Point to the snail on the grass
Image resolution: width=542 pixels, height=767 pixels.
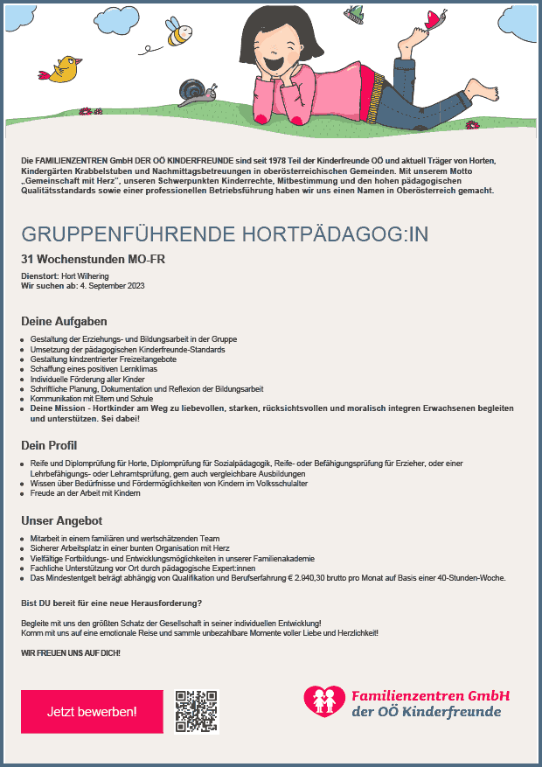[x=193, y=90]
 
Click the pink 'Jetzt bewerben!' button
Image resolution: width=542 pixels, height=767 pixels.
[x=92, y=711]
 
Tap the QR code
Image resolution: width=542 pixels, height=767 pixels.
[x=196, y=710]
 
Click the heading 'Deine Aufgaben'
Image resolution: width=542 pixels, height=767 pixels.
[x=64, y=321]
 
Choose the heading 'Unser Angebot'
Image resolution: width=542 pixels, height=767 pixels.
[x=62, y=520]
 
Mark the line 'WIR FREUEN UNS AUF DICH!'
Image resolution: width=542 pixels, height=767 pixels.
[x=70, y=653]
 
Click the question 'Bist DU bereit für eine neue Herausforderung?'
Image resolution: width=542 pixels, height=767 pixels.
[x=111, y=603]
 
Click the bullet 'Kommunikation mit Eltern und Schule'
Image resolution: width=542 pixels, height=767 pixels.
[x=92, y=398]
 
